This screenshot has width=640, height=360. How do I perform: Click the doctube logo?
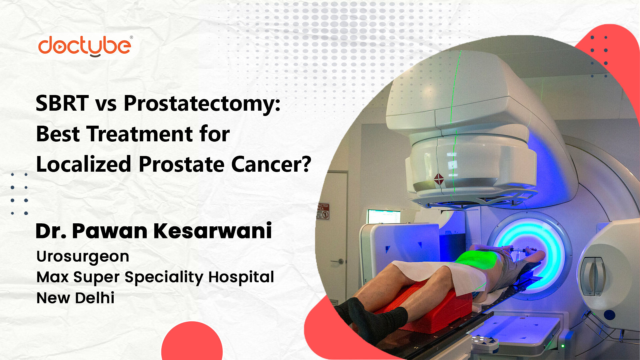85,46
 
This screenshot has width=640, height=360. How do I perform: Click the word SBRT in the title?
62,103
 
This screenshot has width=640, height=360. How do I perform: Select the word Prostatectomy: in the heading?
202,104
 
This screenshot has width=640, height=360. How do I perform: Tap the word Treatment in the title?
140,134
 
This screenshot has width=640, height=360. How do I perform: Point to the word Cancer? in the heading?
271,164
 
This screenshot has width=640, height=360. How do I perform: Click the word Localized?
84,164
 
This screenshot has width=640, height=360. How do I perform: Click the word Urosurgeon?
83,256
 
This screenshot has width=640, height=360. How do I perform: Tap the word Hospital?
241,277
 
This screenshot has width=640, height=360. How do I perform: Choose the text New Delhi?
75,298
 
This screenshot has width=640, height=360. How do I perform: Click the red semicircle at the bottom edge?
192,343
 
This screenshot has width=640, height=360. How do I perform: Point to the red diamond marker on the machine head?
439,180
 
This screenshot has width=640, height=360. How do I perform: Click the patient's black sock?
373,320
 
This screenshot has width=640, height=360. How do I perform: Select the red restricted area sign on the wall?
323,211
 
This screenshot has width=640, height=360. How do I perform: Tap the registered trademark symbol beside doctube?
131,38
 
